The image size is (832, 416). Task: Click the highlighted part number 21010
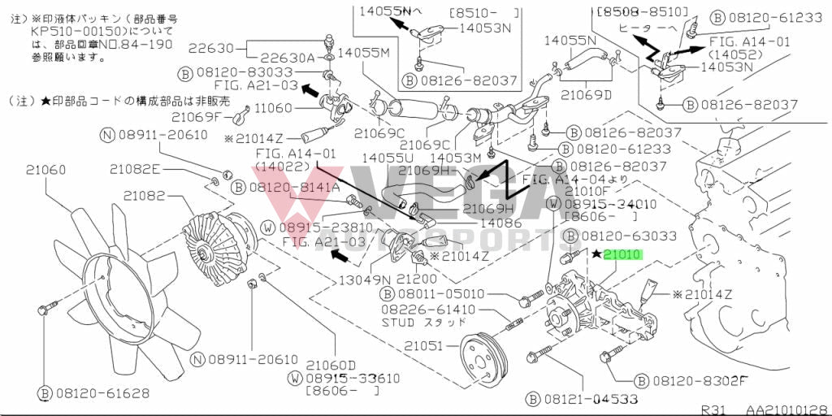tap(622, 254)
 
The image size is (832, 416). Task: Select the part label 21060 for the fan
tap(45, 171)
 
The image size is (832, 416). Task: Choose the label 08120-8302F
tap(700, 380)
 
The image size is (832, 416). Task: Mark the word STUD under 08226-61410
tap(400, 322)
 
